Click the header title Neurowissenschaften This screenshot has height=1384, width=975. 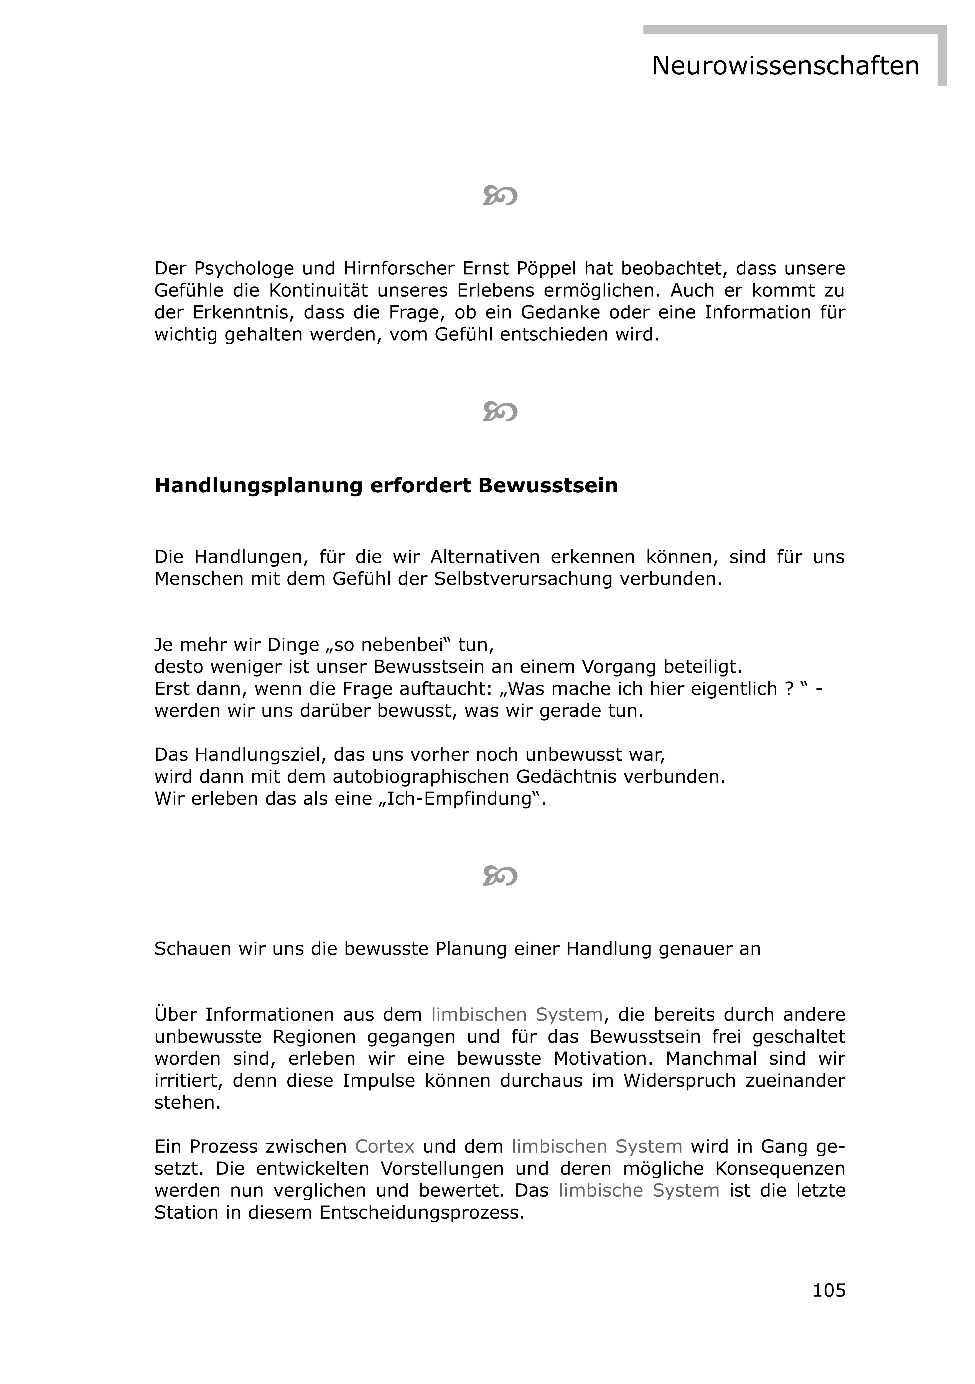[x=785, y=66]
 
